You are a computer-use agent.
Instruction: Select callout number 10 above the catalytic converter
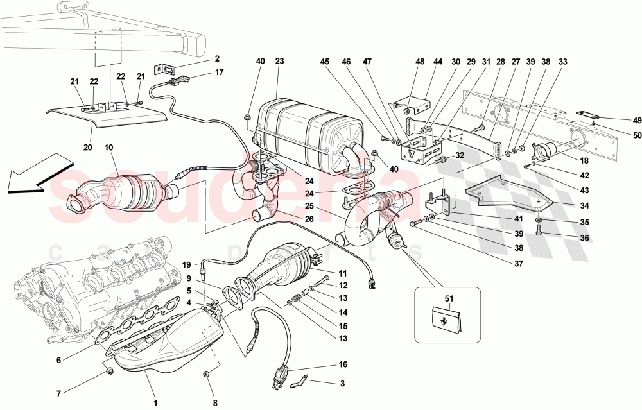pyautogui.click(x=109, y=148)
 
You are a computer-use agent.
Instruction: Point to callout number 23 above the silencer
pyautogui.click(x=280, y=62)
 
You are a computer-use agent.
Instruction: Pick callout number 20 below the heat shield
pyautogui.click(x=87, y=148)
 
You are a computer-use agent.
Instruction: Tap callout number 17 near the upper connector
pyautogui.click(x=220, y=73)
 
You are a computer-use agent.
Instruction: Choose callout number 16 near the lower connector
pyautogui.click(x=343, y=364)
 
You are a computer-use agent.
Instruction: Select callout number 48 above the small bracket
pyautogui.click(x=420, y=62)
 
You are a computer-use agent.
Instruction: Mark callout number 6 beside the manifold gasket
pyautogui.click(x=58, y=360)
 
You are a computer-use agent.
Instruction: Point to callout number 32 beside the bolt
pyautogui.click(x=460, y=155)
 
